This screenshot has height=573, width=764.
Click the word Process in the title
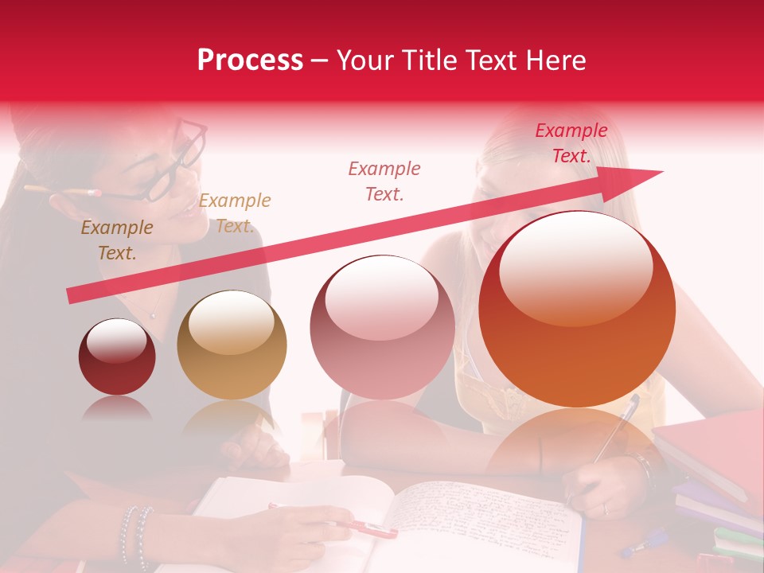point(250,60)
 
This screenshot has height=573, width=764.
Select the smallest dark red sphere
point(117,357)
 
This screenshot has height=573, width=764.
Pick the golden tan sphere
point(232,345)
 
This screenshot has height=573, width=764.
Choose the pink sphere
point(382,327)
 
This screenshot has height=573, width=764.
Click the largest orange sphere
point(577,309)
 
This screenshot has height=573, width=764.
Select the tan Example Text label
point(234,213)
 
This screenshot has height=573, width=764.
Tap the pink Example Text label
point(384,181)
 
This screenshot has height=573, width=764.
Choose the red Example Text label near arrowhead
point(571,143)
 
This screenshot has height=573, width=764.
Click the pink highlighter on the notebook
point(374,528)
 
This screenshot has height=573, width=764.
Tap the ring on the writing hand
point(605,508)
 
